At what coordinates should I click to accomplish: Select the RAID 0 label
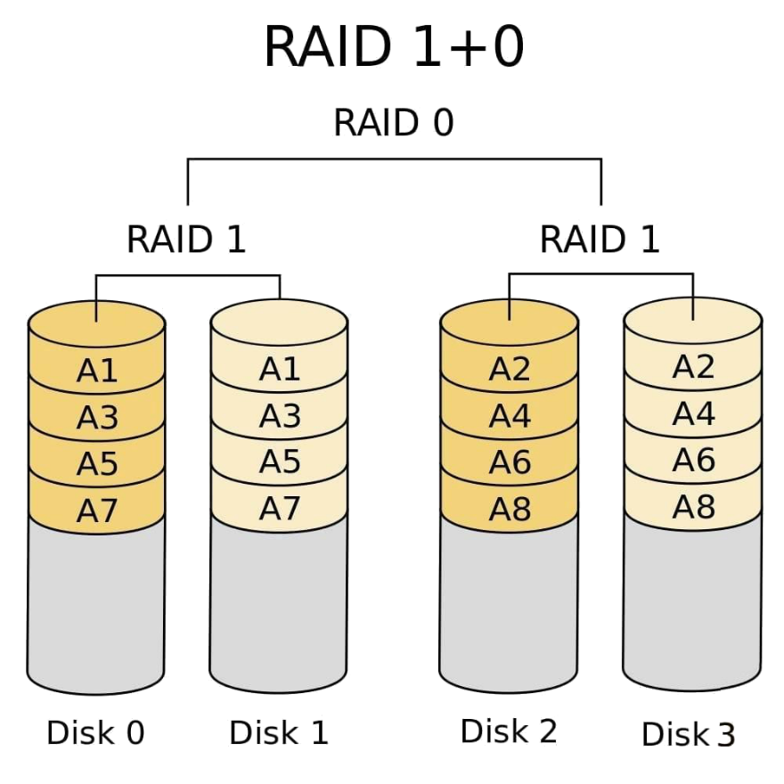pyautogui.click(x=393, y=123)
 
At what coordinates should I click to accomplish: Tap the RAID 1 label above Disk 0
pyautogui.click(x=186, y=240)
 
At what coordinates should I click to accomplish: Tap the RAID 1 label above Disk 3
pyautogui.click(x=601, y=240)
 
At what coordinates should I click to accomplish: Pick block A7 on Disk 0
pyautogui.click(x=97, y=510)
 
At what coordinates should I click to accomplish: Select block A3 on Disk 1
pyautogui.click(x=279, y=414)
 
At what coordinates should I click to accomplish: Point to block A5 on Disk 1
pyautogui.click(x=279, y=461)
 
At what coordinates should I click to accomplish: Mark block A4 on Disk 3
pyautogui.click(x=693, y=413)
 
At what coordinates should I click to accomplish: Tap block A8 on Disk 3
pyautogui.click(x=693, y=506)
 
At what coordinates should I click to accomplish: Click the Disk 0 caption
pyautogui.click(x=96, y=732)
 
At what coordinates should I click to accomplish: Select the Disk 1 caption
pyautogui.click(x=279, y=732)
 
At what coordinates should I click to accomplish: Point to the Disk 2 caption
pyautogui.click(x=510, y=731)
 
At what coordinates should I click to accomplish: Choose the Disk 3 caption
pyautogui.click(x=690, y=734)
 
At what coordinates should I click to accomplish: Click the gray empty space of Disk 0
pyautogui.click(x=96, y=606)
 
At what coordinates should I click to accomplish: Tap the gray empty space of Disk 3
pyautogui.click(x=693, y=601)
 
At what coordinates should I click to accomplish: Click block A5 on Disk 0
pyautogui.click(x=97, y=463)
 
